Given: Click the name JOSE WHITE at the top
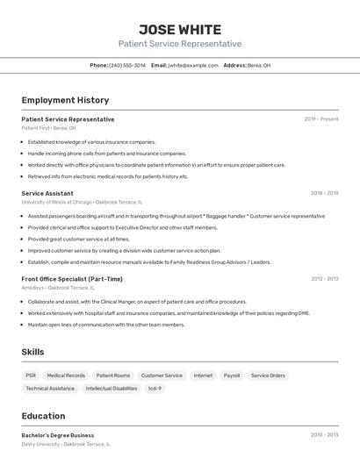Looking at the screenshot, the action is click(180, 30).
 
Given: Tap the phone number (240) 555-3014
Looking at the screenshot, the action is click(127, 65).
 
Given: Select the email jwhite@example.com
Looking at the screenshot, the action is click(193, 65).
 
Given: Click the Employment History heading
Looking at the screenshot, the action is click(65, 100).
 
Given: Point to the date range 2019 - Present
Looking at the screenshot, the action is click(321, 118).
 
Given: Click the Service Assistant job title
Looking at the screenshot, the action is click(47, 193).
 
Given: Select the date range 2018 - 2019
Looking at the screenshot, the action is click(324, 193).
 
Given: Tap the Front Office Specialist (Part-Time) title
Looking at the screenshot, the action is click(72, 279).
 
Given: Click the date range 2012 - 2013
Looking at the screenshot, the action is click(324, 279).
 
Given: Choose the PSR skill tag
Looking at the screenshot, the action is click(31, 376).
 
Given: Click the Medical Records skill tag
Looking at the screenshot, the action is click(66, 376).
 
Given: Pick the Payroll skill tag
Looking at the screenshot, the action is click(232, 376).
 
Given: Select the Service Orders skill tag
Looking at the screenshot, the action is click(268, 376).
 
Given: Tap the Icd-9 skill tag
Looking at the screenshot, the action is click(155, 388).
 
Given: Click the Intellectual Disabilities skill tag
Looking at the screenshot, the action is click(112, 388).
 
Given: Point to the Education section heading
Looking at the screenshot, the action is click(43, 416).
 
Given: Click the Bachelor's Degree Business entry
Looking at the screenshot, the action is click(58, 435).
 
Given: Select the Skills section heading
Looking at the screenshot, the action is click(32, 352).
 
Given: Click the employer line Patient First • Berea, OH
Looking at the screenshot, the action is click(48, 128).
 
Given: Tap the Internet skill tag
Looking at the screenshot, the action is click(203, 376).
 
